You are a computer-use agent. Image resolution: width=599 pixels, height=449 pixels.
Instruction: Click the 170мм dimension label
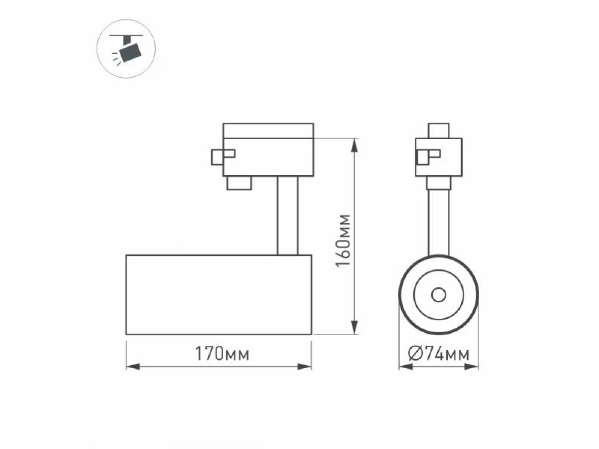click(222, 353)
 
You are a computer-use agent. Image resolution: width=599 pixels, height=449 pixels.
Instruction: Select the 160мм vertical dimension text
click(343, 241)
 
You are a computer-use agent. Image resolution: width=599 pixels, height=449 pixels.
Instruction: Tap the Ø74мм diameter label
click(439, 354)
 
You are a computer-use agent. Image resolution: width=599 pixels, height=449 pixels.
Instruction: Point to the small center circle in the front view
click(439, 295)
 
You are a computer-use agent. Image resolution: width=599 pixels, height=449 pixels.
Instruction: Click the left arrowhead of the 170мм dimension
click(133, 366)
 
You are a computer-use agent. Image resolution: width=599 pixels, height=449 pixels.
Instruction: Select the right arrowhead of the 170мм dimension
click(304, 366)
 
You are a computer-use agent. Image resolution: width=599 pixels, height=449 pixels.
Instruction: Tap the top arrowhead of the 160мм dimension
click(354, 145)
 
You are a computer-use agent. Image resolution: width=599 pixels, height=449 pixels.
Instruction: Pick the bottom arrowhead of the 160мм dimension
click(354, 327)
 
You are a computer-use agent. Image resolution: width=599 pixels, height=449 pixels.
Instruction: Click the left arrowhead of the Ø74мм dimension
click(406, 366)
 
